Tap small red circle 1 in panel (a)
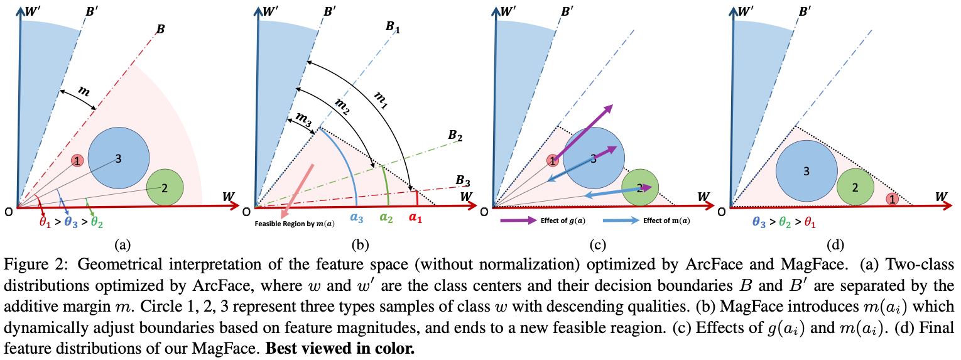(77, 161)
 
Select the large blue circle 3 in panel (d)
(806, 170)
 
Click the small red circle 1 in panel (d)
(891, 199)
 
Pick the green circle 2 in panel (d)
(855, 187)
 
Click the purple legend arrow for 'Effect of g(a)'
(516, 221)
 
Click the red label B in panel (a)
(161, 28)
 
